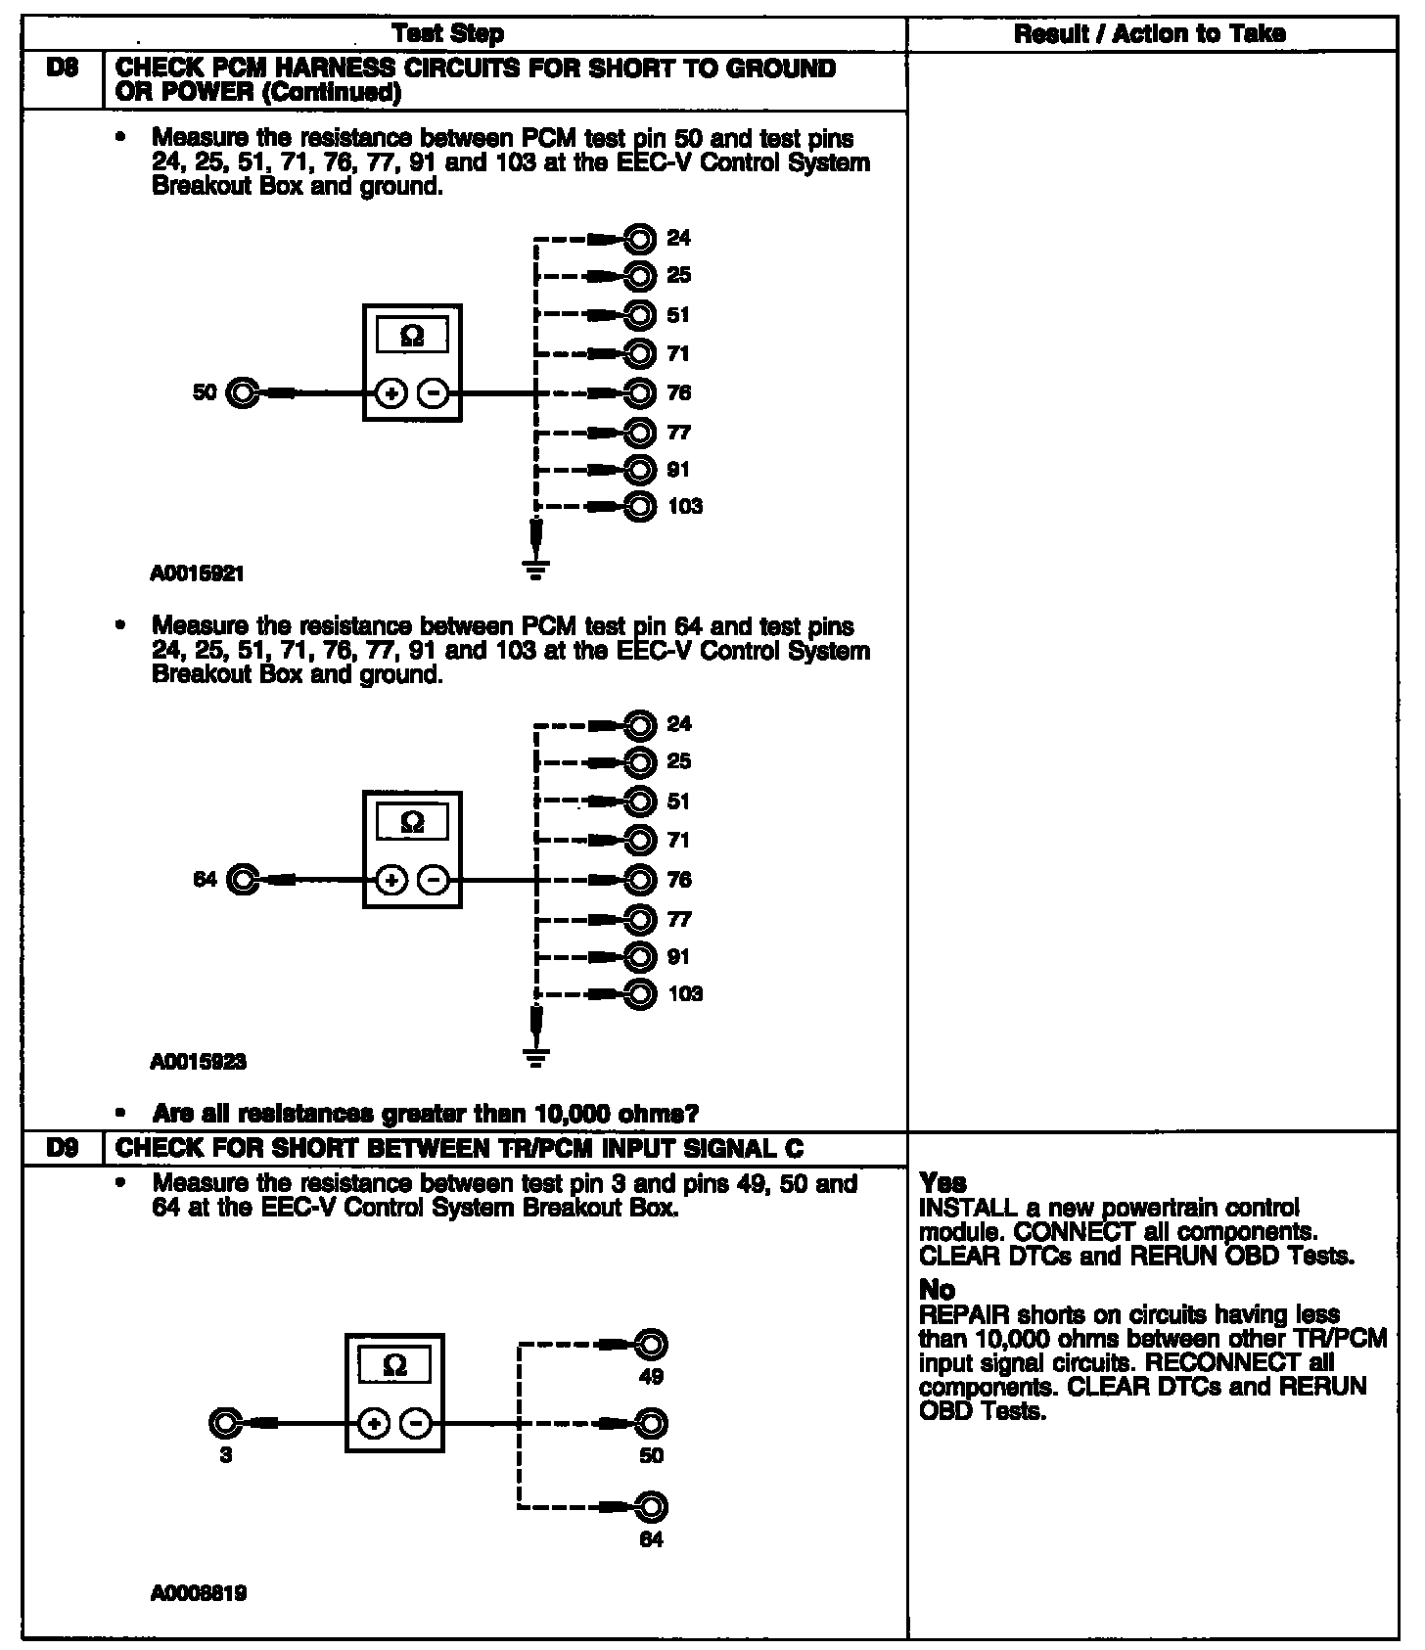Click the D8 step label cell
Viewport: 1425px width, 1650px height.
tap(62, 80)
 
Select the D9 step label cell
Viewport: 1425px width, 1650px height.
tap(62, 1149)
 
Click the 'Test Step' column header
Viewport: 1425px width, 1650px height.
tap(447, 34)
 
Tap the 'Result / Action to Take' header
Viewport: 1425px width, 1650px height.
tap(1150, 34)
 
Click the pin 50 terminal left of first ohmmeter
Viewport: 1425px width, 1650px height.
tap(241, 393)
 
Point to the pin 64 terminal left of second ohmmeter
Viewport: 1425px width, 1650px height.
tap(241, 880)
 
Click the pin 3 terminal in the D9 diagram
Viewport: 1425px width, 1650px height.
tap(225, 1423)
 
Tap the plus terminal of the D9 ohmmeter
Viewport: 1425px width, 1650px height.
tap(374, 1423)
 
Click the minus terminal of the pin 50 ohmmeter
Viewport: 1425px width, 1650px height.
tap(433, 393)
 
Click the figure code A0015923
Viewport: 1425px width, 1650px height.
tap(198, 1061)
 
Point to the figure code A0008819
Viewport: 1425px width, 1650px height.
tap(198, 1593)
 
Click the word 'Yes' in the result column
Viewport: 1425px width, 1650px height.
tap(942, 1182)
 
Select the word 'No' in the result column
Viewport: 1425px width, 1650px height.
tap(937, 1289)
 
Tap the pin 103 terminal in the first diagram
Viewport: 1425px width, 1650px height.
tap(640, 507)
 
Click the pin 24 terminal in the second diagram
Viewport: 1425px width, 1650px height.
tap(640, 725)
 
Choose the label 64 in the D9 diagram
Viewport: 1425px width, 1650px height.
tap(651, 1539)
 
